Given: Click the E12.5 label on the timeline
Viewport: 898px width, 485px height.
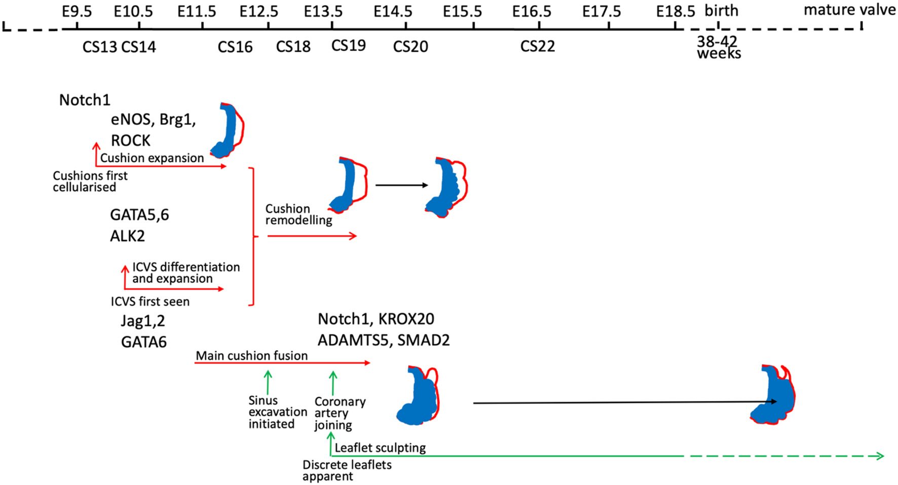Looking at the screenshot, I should coord(258,11).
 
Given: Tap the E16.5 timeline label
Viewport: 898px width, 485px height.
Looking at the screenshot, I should coord(531,11).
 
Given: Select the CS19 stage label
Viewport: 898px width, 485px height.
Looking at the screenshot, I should coord(348,46).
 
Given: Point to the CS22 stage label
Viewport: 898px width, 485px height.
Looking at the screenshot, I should coord(537,46).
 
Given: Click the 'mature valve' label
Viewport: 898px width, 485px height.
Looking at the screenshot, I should coord(849,10).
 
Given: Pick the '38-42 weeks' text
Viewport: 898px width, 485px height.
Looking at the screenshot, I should coord(718,47).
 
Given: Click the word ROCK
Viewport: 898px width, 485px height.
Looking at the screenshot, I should coord(131,140).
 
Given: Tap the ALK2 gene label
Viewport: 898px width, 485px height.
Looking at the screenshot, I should coord(127,236).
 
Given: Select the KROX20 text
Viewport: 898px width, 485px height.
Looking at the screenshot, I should coord(406,319).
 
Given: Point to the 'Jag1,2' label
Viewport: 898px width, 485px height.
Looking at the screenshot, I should coord(142,321).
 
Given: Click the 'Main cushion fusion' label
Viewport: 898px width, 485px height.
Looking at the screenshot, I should coord(251,356).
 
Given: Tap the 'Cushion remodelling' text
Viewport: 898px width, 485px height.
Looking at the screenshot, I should coord(298,214).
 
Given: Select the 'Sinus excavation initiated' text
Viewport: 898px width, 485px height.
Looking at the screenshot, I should coord(277,412).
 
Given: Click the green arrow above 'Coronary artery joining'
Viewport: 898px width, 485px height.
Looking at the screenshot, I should coord(333,383).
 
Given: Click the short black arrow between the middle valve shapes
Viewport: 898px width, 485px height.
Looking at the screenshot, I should coord(401,185).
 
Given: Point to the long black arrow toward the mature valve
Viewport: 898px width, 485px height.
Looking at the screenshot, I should coord(623,402).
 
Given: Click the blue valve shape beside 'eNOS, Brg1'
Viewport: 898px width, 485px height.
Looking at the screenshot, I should coord(226,131).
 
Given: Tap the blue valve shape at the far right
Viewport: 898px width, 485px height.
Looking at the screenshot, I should coord(773,395).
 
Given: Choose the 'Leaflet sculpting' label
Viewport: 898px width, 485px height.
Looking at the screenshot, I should coord(380,448).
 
